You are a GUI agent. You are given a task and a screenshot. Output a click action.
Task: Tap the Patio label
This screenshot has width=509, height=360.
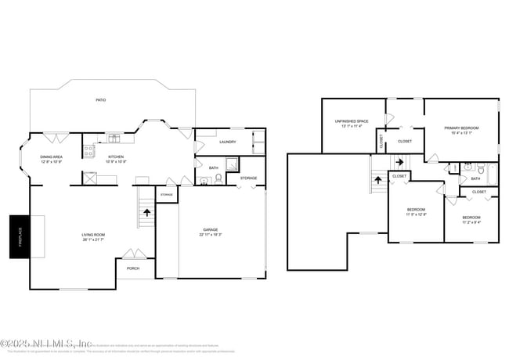100,100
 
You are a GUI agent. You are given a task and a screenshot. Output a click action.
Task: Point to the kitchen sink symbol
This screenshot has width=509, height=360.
114,139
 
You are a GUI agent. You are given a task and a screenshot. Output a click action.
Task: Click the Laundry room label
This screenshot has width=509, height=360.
228,142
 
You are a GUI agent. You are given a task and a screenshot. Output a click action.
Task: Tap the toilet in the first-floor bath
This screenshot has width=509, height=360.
218,178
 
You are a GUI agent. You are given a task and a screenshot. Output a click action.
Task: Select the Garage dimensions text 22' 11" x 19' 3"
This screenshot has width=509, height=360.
211,235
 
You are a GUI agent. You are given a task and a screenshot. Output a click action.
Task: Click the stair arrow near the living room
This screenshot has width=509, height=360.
146,211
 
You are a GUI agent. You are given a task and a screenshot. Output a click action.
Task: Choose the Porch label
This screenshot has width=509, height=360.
133,268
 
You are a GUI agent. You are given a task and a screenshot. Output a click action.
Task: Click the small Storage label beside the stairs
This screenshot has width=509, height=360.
167,194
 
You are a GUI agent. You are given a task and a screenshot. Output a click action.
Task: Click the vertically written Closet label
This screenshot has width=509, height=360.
382,142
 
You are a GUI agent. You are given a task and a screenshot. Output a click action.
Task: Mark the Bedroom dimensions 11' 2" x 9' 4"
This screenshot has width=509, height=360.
471,221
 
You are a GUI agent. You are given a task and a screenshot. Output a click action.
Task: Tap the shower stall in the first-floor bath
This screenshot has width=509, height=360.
233,164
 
